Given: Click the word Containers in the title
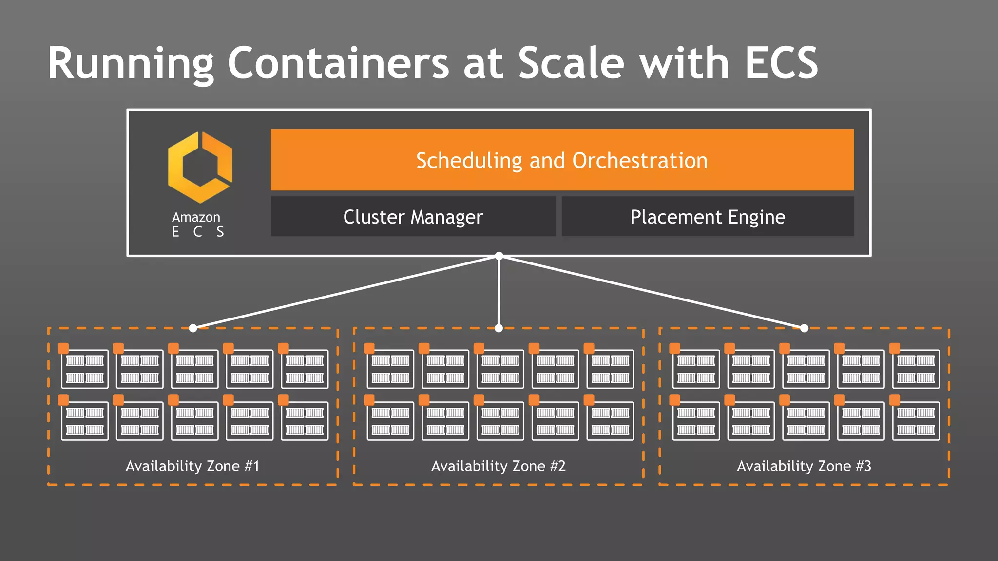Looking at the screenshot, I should tap(338, 63).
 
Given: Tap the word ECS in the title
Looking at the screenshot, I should tap(781, 63).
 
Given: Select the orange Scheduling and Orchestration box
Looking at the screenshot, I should tap(562, 160).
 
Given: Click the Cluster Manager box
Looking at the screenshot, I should tap(413, 217).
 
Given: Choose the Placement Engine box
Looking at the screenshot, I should tap(708, 217).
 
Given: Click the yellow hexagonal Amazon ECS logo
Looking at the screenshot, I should tap(200, 167).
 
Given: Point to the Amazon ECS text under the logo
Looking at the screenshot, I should tap(197, 224).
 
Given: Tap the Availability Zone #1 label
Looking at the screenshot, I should tap(192, 466).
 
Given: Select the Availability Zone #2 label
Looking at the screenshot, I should tap(498, 466).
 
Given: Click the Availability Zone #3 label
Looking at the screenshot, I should tap(804, 466).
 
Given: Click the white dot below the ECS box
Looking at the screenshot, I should tap(499, 256).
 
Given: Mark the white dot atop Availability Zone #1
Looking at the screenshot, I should tap(193, 328).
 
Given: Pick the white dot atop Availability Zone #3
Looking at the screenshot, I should tap(804, 328).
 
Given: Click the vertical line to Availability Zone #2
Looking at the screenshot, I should tap(499, 292).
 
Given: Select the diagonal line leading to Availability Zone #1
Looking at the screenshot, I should tap(346, 292).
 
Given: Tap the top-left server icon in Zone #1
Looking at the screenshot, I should tap(85, 369).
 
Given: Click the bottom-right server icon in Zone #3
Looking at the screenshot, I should tap(916, 421).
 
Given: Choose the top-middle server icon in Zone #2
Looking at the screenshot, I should tap(500, 369).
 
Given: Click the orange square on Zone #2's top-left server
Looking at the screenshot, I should tap(369, 348).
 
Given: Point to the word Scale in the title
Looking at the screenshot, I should tap(571, 63).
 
